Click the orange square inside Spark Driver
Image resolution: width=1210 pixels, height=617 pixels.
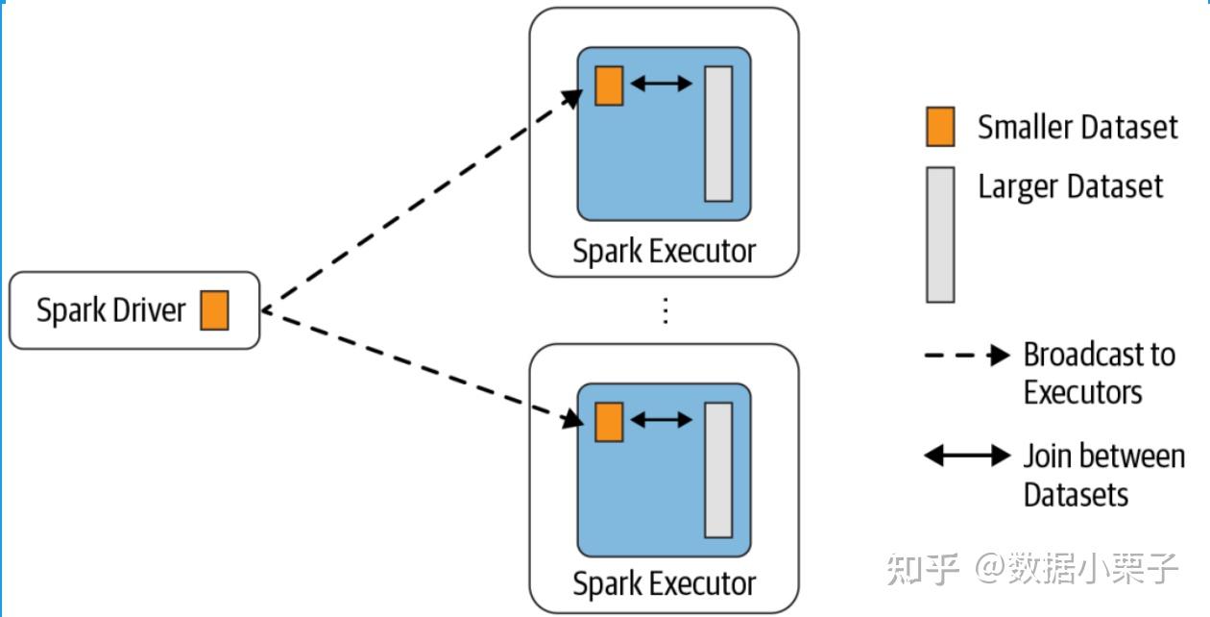214,310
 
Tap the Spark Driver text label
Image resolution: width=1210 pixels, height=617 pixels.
110,310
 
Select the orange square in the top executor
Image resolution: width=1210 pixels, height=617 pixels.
609,86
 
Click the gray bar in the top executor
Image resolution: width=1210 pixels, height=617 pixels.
718,134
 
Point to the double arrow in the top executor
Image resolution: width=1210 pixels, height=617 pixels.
662,85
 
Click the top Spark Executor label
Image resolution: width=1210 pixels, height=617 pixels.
664,251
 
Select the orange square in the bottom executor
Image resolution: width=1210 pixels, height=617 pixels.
609,422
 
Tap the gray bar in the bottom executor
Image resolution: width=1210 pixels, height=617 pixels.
718,470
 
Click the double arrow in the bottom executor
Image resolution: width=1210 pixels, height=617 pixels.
662,420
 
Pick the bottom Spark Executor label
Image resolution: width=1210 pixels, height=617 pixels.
664,582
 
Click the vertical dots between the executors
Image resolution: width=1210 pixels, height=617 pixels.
665,310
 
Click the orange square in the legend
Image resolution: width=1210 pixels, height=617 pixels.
940,127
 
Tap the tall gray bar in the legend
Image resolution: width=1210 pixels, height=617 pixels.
940,234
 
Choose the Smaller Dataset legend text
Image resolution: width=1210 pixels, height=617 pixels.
1077,127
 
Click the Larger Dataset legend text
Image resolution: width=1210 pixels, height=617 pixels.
1070,185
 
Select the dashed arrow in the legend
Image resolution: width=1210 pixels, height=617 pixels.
966,356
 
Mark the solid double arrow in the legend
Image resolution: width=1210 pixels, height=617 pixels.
967,456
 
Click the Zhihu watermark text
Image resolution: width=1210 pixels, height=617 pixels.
1032,568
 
